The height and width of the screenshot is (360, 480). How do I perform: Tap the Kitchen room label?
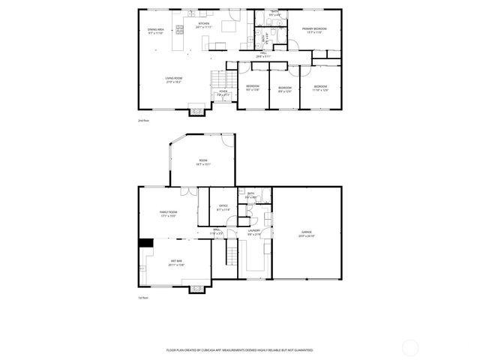point(203,25)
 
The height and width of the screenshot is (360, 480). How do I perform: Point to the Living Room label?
point(174,79)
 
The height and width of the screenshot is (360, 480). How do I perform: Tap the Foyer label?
point(223,94)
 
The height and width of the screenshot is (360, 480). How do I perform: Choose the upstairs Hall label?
point(263,55)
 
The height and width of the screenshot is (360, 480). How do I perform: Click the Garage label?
point(306,234)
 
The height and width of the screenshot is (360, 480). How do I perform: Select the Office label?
point(223,208)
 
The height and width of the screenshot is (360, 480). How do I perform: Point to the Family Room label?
point(168,214)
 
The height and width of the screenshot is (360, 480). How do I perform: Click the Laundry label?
point(253,233)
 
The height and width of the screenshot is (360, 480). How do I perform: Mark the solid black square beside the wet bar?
point(145,242)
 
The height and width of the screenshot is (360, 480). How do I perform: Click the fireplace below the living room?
point(195,111)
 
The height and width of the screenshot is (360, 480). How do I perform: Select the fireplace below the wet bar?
point(197,289)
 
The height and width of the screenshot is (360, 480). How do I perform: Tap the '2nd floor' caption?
point(143,120)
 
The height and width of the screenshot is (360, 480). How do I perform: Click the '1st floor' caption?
point(143,298)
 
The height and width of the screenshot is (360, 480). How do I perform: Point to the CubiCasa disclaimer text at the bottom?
point(239,349)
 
